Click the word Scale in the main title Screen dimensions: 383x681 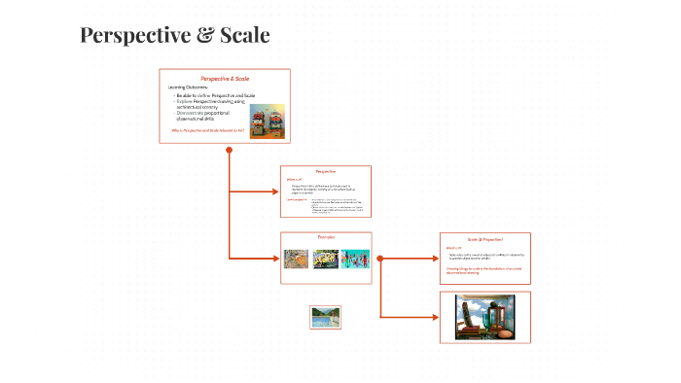(244, 36)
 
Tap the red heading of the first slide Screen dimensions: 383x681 (225, 78)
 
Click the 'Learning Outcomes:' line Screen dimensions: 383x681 (188, 87)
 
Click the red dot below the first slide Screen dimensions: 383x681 (229, 150)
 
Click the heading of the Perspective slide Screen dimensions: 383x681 (326, 171)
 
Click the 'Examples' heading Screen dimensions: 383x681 (326, 237)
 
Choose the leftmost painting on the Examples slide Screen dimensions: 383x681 (296, 260)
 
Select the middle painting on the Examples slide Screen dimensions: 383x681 (325, 260)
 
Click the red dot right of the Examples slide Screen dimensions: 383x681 (380, 259)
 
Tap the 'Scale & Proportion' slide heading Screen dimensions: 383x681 (484, 238)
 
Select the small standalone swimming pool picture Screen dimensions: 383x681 (325, 317)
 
